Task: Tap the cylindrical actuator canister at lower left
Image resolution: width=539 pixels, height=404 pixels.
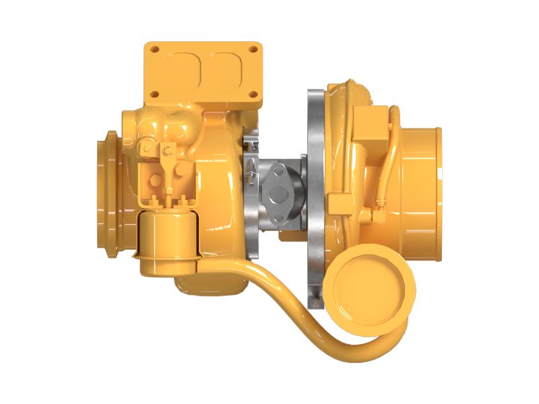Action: (168, 239)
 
